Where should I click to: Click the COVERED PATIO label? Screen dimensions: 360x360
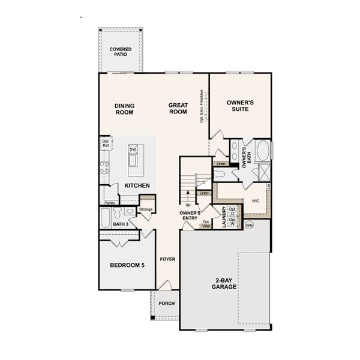[x=122, y=52]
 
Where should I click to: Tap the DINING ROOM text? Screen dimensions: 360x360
[x=125, y=109]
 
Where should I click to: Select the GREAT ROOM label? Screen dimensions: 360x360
[x=178, y=109]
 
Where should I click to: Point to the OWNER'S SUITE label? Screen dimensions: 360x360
[x=240, y=106]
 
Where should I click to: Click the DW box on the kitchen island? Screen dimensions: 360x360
[x=133, y=149]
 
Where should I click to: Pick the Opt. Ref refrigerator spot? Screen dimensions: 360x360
[x=106, y=144]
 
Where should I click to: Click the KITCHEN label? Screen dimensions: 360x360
[x=137, y=185]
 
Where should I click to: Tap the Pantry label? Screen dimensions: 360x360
[x=109, y=203]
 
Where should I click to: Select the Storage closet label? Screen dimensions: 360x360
[x=146, y=209]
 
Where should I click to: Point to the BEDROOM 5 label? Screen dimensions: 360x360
[x=127, y=265]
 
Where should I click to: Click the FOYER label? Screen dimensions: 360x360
[x=167, y=259]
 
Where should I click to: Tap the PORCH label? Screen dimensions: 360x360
[x=166, y=303]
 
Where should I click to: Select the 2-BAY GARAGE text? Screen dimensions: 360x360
[x=223, y=283]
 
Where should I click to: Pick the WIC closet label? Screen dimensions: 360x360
[x=255, y=201]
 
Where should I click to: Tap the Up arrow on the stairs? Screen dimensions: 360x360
[x=188, y=197]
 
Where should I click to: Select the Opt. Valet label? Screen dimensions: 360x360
[x=206, y=224]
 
